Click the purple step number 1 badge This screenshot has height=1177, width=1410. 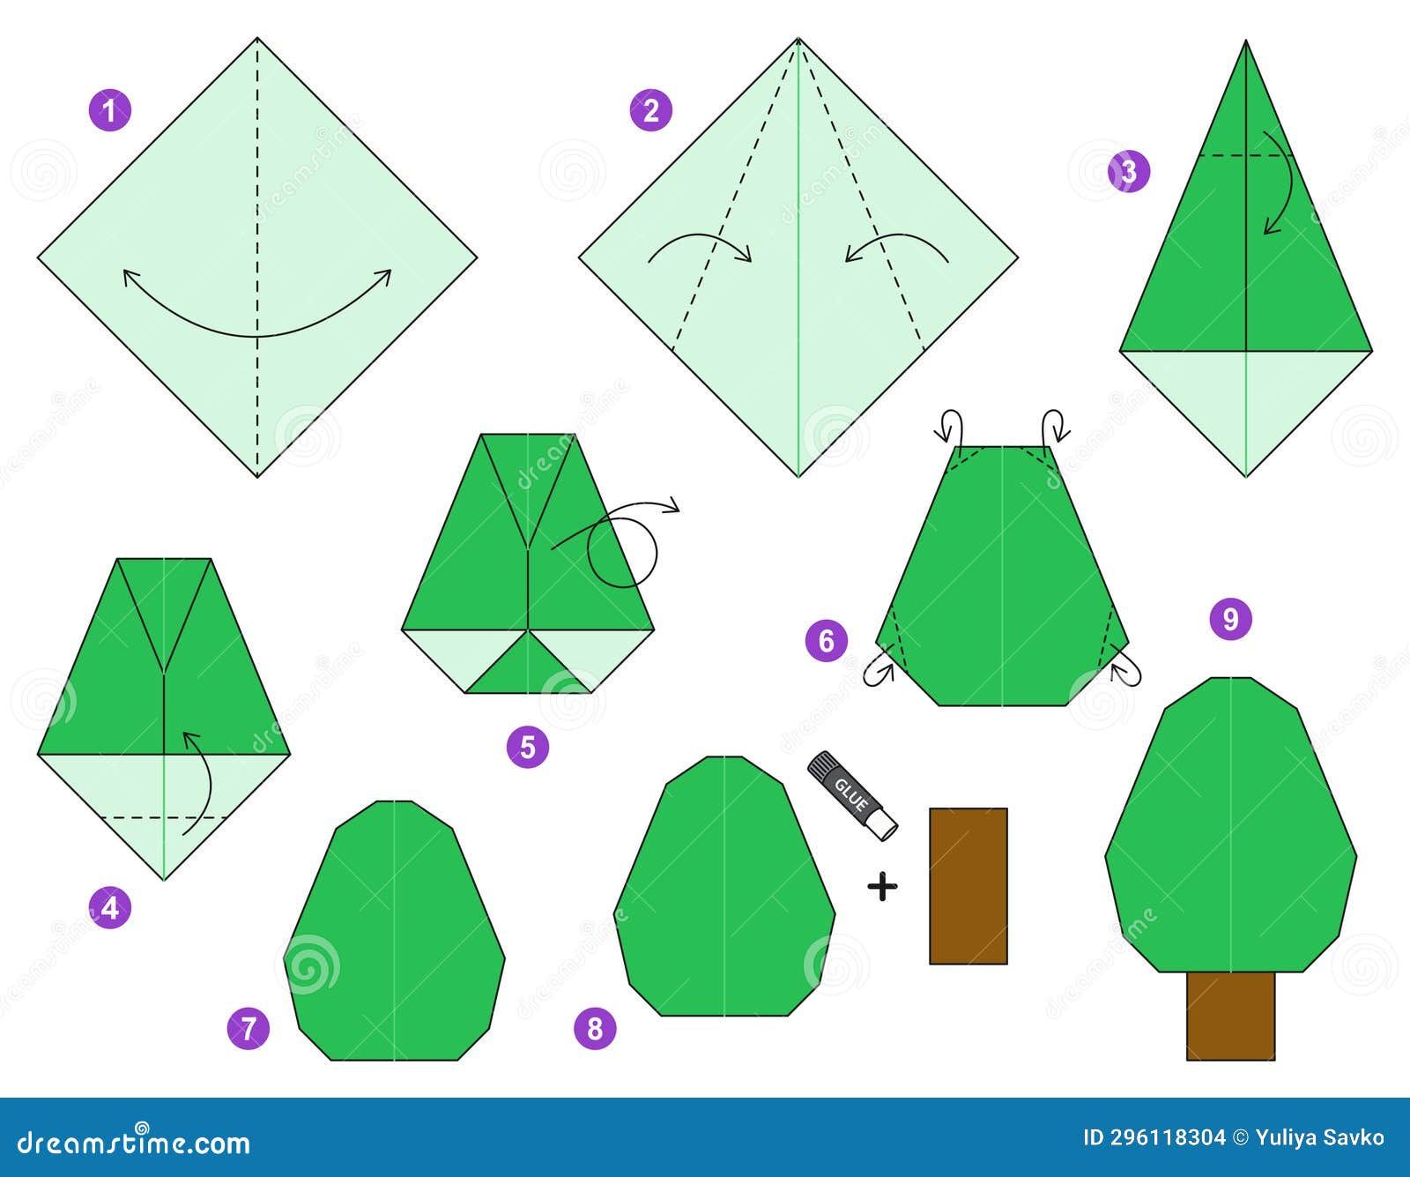[x=109, y=110]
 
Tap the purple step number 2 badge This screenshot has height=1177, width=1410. [x=650, y=110]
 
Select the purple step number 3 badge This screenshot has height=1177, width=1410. [x=1129, y=171]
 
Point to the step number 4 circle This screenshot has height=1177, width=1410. [x=109, y=906]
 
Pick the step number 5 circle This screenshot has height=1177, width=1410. [x=527, y=747]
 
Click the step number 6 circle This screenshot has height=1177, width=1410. [x=826, y=640]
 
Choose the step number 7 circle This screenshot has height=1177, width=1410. [x=248, y=1028]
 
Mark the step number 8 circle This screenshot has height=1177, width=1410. [x=595, y=1028]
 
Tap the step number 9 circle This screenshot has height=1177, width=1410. [x=1230, y=619]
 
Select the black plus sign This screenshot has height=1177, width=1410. [x=882, y=886]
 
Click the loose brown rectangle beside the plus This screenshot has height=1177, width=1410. [x=968, y=886]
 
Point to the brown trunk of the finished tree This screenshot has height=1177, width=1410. [x=1230, y=1015]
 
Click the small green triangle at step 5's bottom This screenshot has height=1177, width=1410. [x=528, y=667]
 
